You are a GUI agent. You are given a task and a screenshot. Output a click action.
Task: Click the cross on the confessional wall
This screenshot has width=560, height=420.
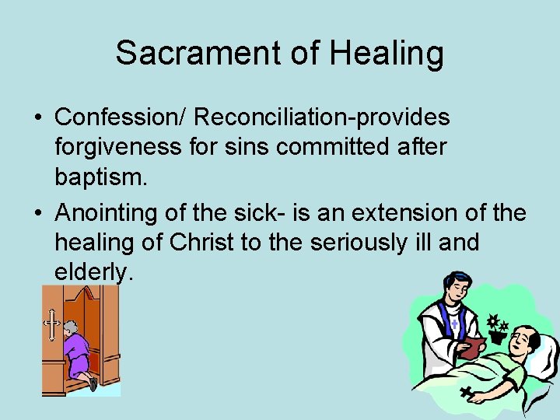click(x=52, y=325)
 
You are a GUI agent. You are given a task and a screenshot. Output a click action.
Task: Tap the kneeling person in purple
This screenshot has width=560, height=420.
click(x=77, y=350)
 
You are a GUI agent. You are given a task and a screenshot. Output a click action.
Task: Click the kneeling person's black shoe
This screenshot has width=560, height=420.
click(x=93, y=383)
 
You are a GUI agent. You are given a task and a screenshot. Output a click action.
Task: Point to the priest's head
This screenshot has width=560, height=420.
click(x=452, y=287)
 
